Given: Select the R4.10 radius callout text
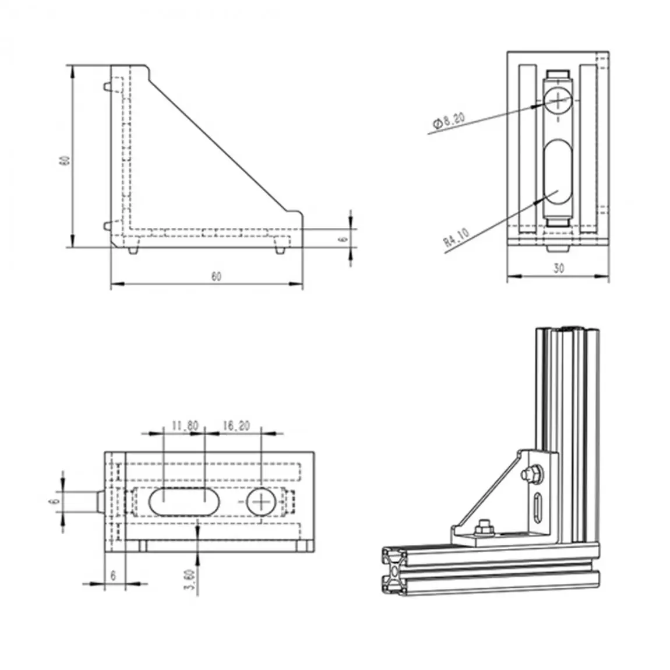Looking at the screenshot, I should click(456, 238).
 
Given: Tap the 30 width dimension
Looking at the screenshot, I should click(558, 269).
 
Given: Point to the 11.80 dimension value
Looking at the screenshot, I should click(185, 426).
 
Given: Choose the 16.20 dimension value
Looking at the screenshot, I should click(236, 426).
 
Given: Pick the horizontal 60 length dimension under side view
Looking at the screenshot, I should click(216, 276).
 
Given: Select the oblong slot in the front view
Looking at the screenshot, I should click(558, 172).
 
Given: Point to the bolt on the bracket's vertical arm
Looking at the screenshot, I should click(531, 474).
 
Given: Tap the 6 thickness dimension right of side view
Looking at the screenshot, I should click(343, 238).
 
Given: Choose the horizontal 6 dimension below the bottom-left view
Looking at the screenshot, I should click(114, 575).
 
